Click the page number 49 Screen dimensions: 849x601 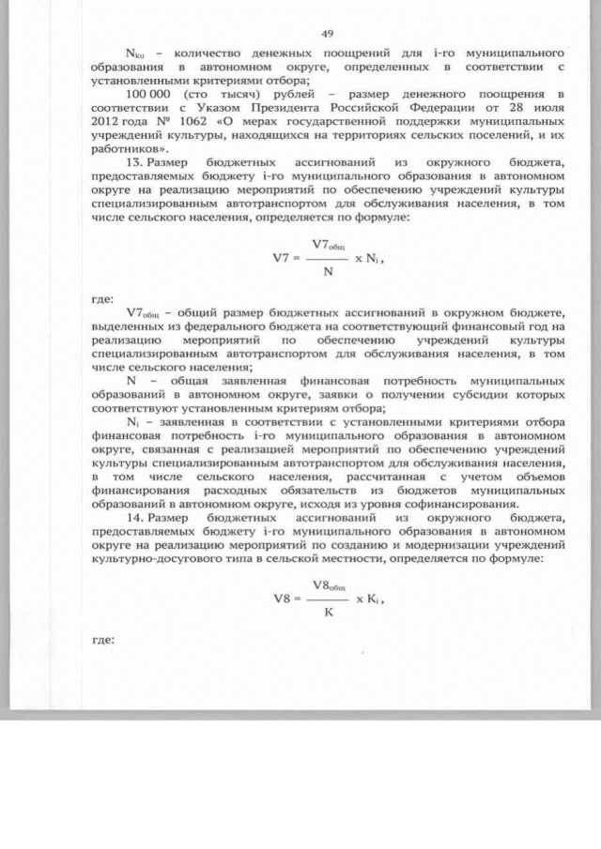pyautogui.click(x=328, y=34)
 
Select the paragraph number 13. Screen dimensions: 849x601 pyautogui.click(x=132, y=162)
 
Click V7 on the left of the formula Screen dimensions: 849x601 pyautogui.click(x=274, y=256)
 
